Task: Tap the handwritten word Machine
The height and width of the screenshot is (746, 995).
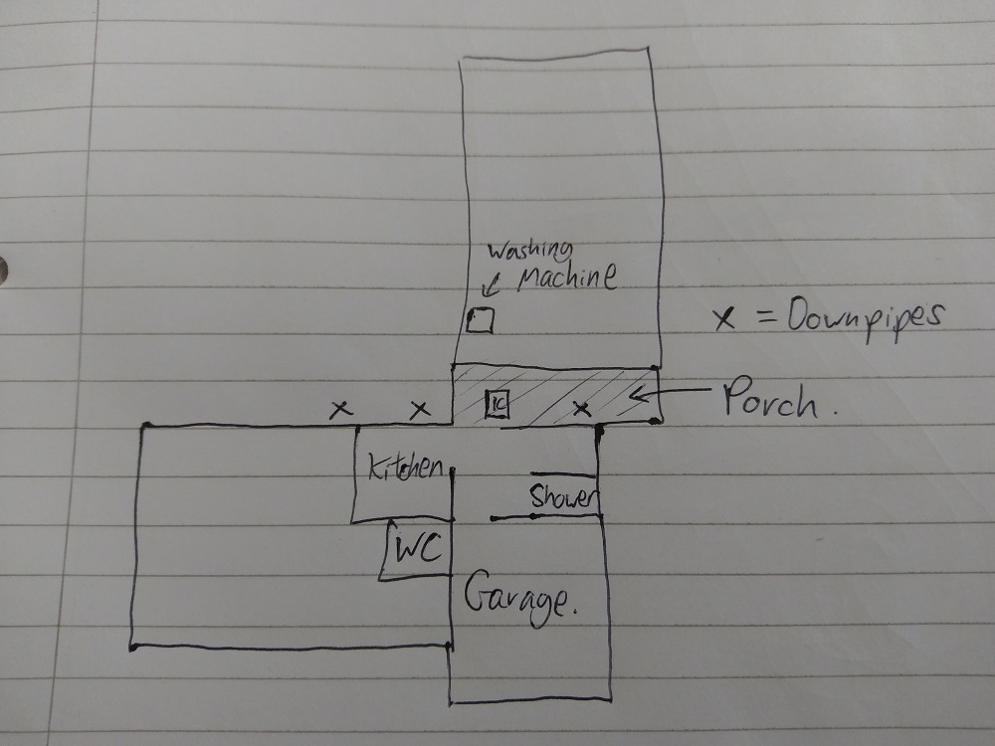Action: [567, 278]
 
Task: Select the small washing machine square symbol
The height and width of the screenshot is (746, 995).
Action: [481, 319]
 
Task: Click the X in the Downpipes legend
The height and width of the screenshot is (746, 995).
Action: [724, 318]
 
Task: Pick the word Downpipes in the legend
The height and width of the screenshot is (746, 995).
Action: [866, 316]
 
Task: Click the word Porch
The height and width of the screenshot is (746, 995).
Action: [777, 399]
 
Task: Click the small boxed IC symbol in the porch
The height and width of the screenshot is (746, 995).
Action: [497, 404]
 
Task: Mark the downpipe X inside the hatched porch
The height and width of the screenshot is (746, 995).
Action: [582, 409]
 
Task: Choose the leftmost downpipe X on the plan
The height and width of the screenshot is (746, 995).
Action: [340, 409]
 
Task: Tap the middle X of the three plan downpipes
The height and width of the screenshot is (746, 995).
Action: [420, 410]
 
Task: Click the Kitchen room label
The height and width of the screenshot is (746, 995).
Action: [406, 468]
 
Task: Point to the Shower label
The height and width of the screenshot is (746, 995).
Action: [563, 496]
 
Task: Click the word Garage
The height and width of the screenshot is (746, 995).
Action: [520, 598]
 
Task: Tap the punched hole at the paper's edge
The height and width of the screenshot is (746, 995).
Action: [3, 270]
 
